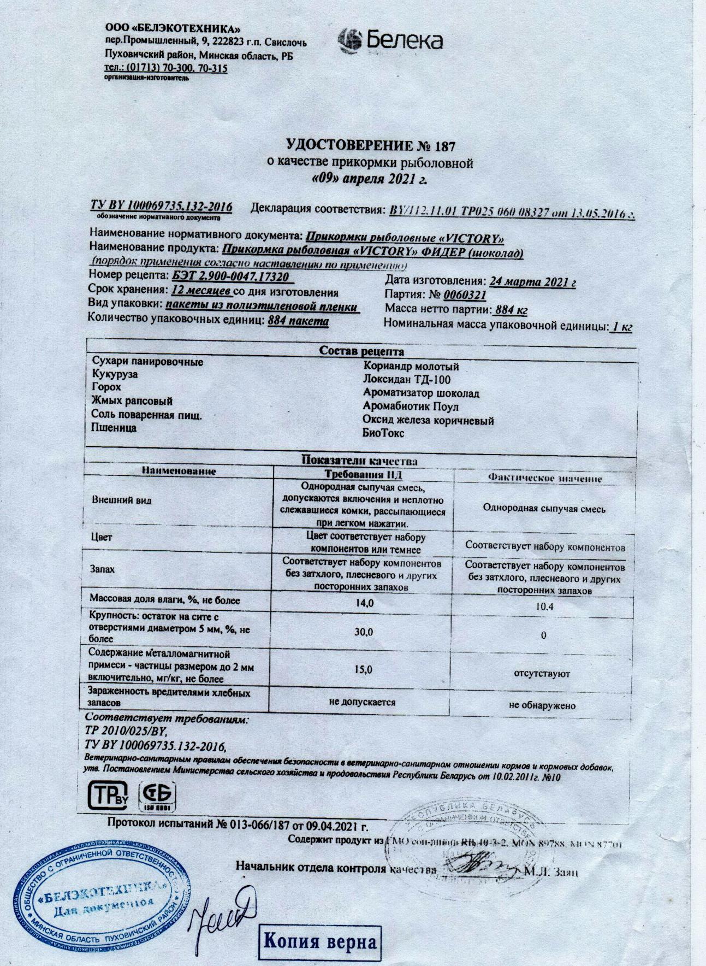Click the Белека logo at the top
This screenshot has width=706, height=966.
(x=389, y=40)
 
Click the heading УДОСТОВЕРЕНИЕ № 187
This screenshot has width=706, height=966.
(x=370, y=145)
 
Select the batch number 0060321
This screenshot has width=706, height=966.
(x=465, y=296)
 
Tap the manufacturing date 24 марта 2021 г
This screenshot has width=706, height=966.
(x=533, y=282)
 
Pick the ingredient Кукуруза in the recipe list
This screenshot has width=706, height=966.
(x=115, y=375)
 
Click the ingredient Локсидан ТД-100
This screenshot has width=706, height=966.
(x=407, y=379)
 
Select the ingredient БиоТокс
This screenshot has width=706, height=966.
(x=383, y=434)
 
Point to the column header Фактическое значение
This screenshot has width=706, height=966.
(x=544, y=478)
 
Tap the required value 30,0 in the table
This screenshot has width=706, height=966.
(x=364, y=632)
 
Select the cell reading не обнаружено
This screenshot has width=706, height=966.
(x=542, y=705)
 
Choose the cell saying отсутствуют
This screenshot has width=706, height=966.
(x=542, y=674)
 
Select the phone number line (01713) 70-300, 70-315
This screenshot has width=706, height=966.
(x=166, y=68)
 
